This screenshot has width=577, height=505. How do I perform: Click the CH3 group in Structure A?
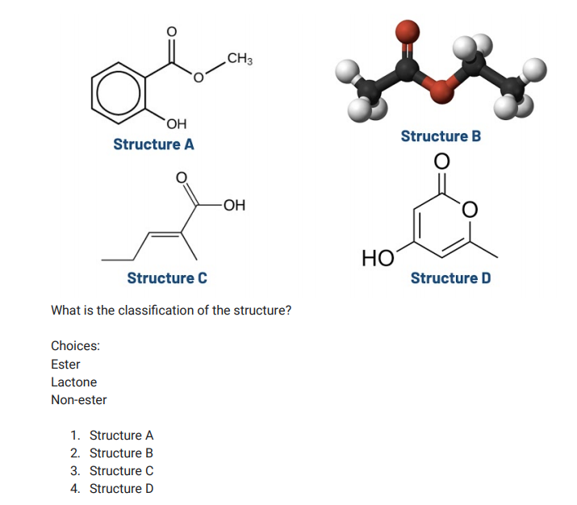tap(240, 58)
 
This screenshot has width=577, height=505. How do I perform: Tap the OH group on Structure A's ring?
tap(177, 123)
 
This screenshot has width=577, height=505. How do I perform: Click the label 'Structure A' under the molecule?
tap(153, 144)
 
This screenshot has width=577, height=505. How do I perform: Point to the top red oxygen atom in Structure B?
tap(408, 32)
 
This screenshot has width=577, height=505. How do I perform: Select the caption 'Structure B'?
tap(441, 136)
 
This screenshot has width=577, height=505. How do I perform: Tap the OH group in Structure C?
tap(235, 205)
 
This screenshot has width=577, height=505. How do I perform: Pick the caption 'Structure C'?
tap(167, 278)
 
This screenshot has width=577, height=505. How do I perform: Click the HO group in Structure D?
tap(378, 258)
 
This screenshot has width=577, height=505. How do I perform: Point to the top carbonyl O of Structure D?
tap(441, 162)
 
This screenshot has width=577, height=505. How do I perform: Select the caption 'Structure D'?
tap(450, 278)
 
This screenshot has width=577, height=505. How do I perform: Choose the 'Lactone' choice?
tap(73, 382)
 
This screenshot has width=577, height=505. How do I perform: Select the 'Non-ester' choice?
tap(78, 399)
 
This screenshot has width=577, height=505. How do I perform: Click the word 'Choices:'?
tap(75, 346)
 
